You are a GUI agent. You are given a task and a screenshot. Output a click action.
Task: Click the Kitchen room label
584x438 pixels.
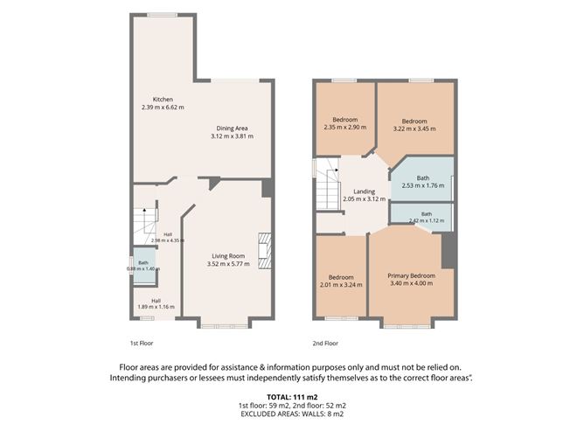[163, 100]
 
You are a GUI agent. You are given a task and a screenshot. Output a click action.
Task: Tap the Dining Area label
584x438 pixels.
[232, 129]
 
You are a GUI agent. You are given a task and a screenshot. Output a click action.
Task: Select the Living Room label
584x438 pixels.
[228, 256]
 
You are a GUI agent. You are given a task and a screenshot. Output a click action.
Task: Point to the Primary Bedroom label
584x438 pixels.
[412, 275]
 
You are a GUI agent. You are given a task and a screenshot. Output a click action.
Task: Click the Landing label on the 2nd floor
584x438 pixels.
[364, 191]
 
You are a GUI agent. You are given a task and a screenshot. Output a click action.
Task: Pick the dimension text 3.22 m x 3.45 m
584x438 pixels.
[414, 129]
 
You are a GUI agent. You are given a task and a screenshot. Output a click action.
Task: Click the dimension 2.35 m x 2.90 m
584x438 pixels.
[345, 128]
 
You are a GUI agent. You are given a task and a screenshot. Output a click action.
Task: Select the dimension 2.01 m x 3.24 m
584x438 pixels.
[341, 285]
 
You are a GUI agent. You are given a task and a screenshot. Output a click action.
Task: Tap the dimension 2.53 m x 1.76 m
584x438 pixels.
[423, 185]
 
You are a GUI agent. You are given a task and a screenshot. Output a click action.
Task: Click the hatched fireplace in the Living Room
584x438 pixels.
[265, 250]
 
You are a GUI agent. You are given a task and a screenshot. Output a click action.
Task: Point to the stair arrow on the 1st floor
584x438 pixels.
[144, 211]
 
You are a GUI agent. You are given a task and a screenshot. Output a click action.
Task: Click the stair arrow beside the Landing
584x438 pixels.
[337, 170]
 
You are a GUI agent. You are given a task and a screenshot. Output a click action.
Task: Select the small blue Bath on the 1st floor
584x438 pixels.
[144, 266]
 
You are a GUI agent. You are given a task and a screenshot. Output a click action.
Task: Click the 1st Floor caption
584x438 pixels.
[142, 344]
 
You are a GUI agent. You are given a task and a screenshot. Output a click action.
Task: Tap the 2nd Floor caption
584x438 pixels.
[325, 344]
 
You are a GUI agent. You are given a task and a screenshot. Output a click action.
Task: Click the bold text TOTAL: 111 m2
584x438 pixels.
[292, 397]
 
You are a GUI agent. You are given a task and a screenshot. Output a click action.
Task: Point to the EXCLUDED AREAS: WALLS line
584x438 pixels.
[292, 414]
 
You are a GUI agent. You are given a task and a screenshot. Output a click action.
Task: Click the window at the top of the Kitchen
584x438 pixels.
[162, 15]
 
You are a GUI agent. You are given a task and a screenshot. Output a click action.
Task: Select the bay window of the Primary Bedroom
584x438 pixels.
[407, 327]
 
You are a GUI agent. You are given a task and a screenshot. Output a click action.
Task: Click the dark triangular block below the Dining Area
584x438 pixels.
[214, 184]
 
